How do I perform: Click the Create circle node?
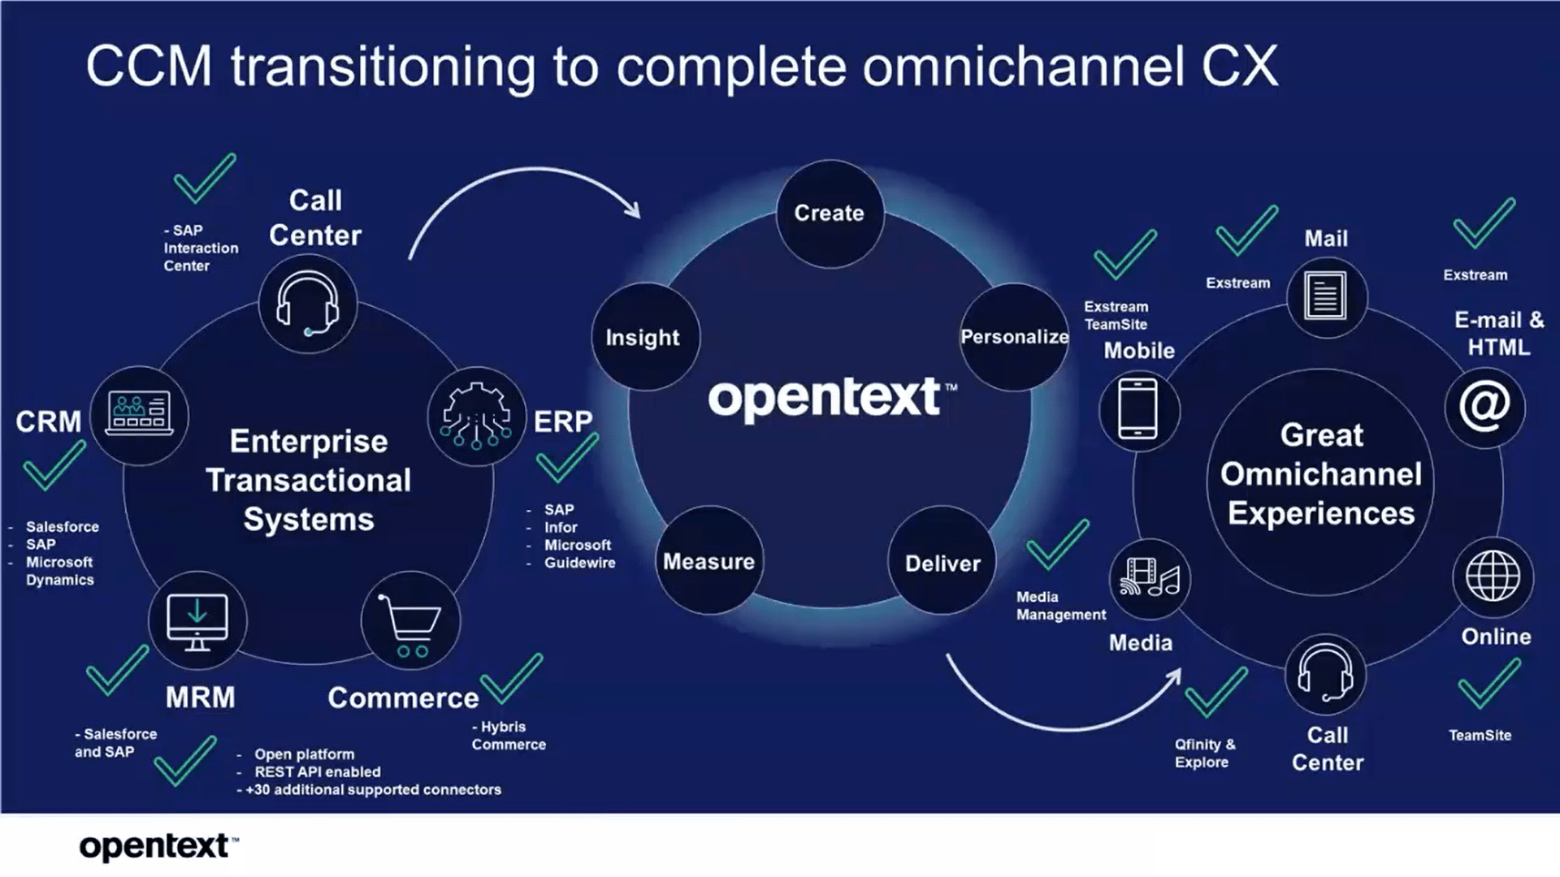[830, 214]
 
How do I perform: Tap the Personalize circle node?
[1014, 337]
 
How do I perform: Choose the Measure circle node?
[709, 561]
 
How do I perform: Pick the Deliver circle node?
[942, 563]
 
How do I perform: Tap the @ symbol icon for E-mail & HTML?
[1484, 407]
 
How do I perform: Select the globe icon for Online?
[1493, 577]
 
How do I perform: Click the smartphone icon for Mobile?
[1138, 410]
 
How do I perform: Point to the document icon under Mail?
[1325, 296]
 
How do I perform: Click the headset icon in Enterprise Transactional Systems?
[308, 305]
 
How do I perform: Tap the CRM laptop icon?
[139, 414]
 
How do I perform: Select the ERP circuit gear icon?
[476, 416]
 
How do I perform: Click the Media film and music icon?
[1149, 578]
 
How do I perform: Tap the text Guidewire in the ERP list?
[579, 563]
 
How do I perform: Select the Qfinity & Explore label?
[1204, 753]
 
